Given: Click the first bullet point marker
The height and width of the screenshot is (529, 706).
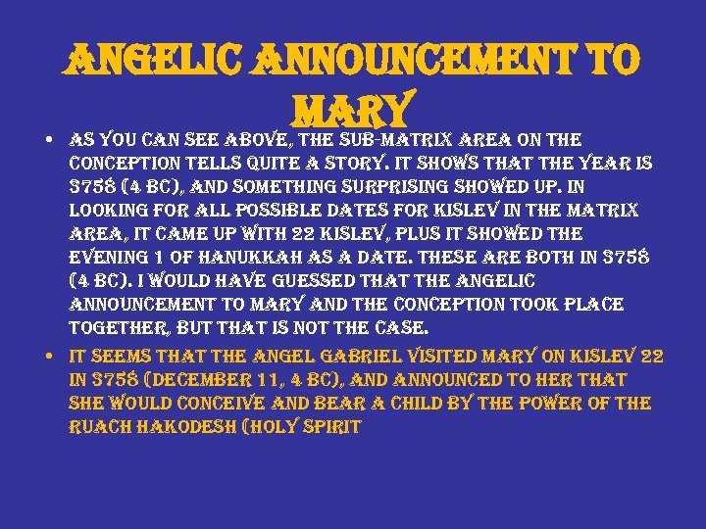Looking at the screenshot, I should click(x=49, y=140).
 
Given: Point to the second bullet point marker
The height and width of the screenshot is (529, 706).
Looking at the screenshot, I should click(x=49, y=357).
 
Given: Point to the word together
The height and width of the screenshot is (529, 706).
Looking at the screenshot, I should click(x=116, y=328).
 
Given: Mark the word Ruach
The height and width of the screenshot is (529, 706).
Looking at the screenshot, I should click(x=101, y=427).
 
